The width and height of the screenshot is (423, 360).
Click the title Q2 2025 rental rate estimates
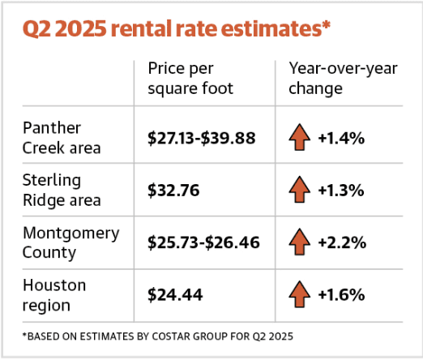[x=177, y=28]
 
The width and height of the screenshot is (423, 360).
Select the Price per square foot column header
[x=190, y=79]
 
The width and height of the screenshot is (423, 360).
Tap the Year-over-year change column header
[x=343, y=79]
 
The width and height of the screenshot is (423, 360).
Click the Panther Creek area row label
[x=62, y=138]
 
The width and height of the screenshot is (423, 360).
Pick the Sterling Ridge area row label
[x=62, y=191]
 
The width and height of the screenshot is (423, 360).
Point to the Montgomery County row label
[x=70, y=242]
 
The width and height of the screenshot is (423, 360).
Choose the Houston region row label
[x=54, y=295]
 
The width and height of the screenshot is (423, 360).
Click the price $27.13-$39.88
[x=202, y=138]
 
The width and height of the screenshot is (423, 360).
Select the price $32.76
[x=173, y=191]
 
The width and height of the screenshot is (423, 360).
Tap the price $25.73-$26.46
[x=203, y=242]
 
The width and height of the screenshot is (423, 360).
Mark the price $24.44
[x=175, y=294]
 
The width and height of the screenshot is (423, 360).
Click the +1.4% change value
[x=341, y=138]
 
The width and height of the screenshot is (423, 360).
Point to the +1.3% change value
[x=341, y=191]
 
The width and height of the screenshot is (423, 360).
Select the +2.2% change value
[x=342, y=242]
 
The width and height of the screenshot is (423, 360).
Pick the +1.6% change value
[x=342, y=294]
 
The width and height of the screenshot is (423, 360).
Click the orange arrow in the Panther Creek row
[x=299, y=137]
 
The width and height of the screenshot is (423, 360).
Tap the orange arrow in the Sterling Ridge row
[x=299, y=189]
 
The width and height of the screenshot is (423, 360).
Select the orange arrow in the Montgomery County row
[x=299, y=242]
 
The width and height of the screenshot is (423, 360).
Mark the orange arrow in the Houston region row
[x=299, y=294]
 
